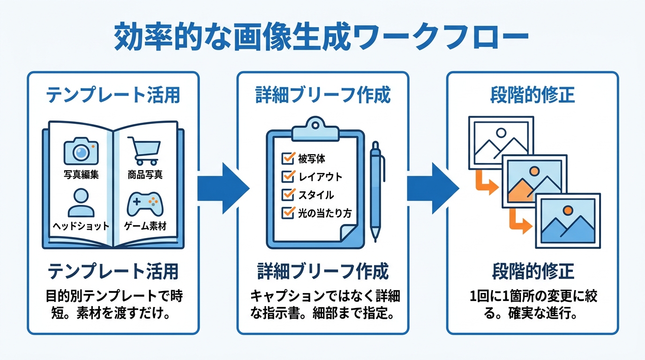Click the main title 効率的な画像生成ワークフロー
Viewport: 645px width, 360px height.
[x=321, y=37]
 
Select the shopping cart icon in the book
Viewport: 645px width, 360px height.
[x=144, y=150]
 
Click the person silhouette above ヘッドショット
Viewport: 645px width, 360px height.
[x=81, y=203]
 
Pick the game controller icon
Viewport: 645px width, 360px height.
[x=145, y=204]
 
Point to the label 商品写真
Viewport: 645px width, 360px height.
[x=145, y=174]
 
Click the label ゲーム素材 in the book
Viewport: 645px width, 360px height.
[x=145, y=226]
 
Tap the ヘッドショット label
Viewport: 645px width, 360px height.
[x=81, y=226]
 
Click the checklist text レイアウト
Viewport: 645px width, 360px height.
[x=320, y=177]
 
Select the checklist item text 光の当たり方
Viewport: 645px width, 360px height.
[x=325, y=213]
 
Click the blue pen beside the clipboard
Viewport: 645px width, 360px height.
[x=376, y=191]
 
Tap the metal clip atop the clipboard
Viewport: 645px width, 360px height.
[x=315, y=129]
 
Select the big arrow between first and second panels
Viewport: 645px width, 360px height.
[x=223, y=188]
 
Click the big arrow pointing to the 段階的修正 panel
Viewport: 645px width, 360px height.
[x=433, y=188]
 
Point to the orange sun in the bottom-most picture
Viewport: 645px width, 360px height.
[x=568, y=210]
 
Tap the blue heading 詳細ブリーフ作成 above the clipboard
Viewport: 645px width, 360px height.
[x=323, y=95]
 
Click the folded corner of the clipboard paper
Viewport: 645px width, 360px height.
[x=348, y=232]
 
